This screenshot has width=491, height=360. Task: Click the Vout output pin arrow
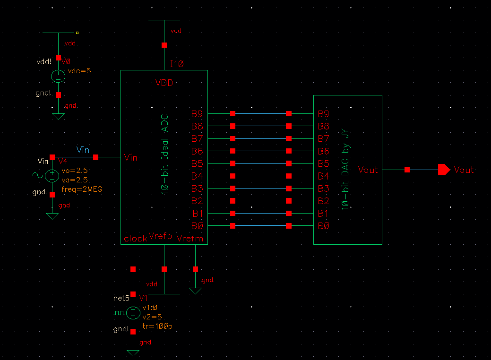(444, 170)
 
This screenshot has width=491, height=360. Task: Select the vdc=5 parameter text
(79, 71)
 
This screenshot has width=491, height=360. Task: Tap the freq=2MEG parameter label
(82, 189)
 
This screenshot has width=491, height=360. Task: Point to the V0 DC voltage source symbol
(58, 76)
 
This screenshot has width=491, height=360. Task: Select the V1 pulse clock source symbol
(133, 312)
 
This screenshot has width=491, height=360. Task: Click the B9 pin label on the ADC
(197, 114)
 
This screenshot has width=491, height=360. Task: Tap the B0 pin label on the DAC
(323, 226)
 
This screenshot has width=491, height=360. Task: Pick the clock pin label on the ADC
(135, 239)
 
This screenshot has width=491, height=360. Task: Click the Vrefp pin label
(160, 236)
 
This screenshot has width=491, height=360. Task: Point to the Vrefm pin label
(190, 239)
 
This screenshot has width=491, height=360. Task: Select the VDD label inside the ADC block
(164, 83)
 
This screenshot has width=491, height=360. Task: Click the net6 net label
(121, 298)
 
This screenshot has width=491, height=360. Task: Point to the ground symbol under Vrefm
(195, 291)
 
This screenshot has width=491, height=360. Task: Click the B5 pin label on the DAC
(323, 163)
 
